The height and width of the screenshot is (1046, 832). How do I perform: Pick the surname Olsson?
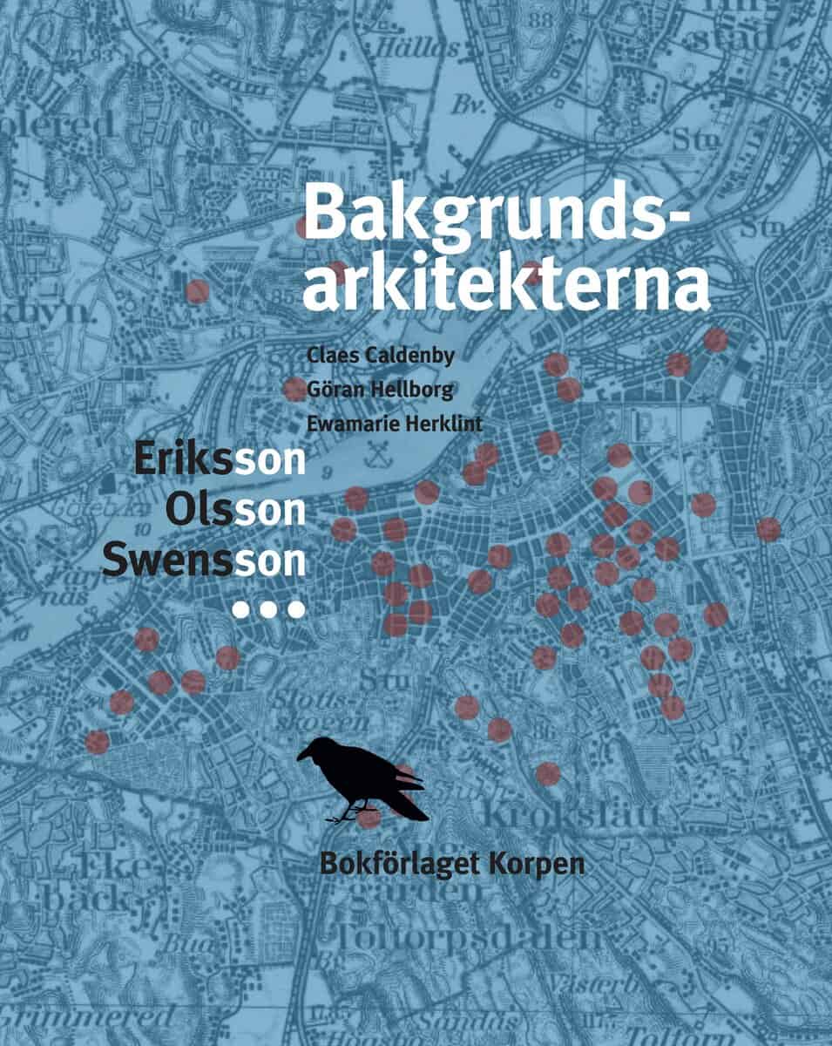(235, 509)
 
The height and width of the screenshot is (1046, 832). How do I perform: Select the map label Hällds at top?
(416, 47)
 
